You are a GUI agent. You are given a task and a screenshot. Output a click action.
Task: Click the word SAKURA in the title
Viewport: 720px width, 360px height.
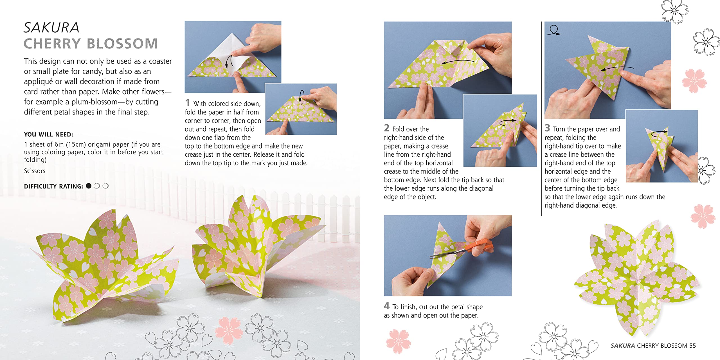tap(51, 28)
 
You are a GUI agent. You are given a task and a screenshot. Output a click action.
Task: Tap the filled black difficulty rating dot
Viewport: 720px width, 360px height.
tap(89, 186)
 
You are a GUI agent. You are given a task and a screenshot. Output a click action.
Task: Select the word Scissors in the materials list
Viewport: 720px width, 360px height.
tap(35, 171)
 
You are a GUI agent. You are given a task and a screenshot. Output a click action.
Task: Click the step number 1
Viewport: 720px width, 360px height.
tap(188, 103)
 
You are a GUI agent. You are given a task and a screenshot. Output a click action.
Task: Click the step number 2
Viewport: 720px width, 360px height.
tap(387, 128)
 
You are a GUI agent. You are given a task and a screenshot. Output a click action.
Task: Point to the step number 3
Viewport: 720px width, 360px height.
tap(547, 128)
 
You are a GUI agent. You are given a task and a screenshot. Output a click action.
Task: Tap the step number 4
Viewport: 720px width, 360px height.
tap(387, 306)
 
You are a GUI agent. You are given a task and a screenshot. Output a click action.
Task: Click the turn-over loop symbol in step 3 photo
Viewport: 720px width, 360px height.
tap(553, 30)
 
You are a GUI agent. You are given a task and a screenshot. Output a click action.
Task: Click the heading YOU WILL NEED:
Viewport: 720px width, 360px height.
tap(48, 134)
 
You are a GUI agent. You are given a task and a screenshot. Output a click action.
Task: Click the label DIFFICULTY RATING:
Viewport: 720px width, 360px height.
tap(53, 186)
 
